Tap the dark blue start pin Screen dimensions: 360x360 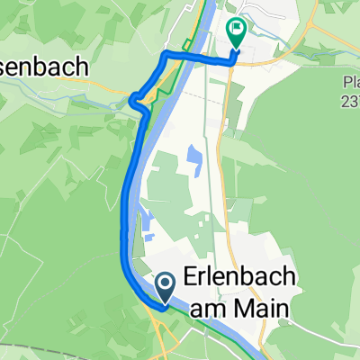(x=166, y=288)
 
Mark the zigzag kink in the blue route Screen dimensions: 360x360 (x=138, y=101)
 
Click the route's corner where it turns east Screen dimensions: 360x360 (x=165, y=57)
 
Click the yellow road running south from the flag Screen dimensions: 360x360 (x=226, y=135)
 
